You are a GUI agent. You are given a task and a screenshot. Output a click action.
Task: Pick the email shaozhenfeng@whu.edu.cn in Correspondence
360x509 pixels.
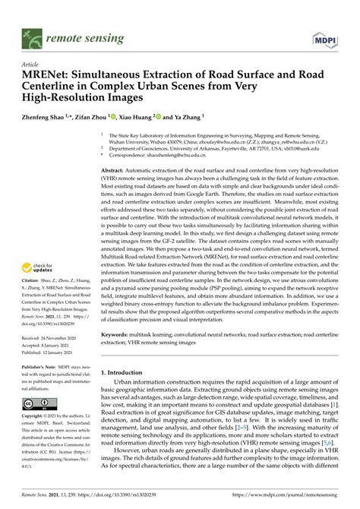191,155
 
